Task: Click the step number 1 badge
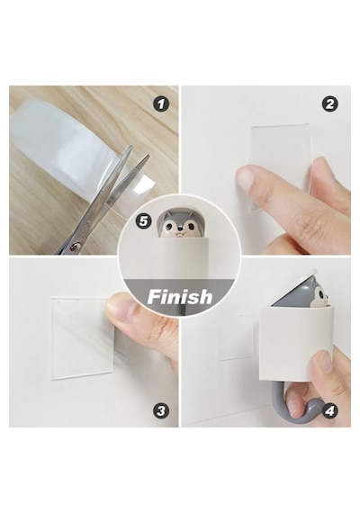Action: (x=161, y=104)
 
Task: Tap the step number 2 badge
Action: (x=330, y=104)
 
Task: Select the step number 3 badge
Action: (x=161, y=410)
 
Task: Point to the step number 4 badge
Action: (x=330, y=410)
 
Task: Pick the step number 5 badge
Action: (x=144, y=221)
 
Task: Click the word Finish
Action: (x=180, y=297)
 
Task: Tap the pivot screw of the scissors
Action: (x=75, y=246)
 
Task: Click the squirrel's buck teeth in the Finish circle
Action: (x=180, y=234)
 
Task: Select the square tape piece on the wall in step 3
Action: (x=83, y=338)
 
